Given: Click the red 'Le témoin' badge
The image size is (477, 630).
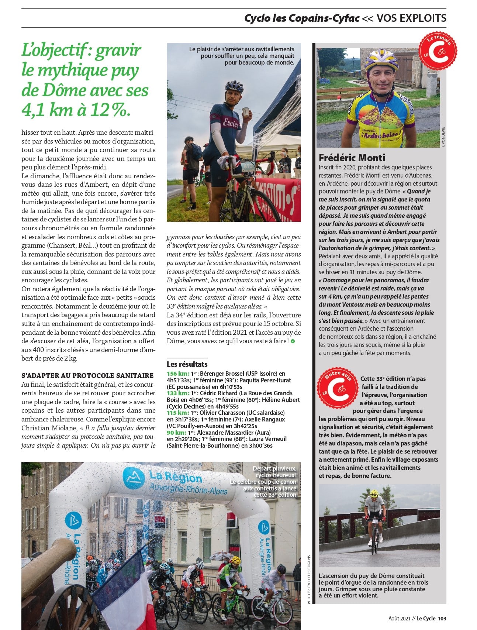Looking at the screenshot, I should pyautogui.click(x=438, y=51).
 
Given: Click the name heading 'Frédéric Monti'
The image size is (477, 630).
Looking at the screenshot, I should pyautogui.click(x=352, y=158).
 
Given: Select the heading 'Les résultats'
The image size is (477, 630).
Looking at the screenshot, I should pyautogui.click(x=187, y=364).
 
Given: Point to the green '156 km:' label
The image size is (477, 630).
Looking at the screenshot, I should pyautogui.click(x=178, y=373).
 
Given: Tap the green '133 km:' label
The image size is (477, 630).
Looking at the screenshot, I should pyautogui.click(x=178, y=393).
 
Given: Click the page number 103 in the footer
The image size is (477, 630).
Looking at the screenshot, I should pyautogui.click(x=442, y=618).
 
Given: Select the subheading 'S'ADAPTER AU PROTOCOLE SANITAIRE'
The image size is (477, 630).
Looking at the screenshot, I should pyautogui.click(x=87, y=375).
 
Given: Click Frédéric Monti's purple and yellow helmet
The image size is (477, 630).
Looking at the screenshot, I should pyautogui.click(x=381, y=58).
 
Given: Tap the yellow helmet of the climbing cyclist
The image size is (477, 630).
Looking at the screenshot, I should pyautogui.click(x=374, y=493).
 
